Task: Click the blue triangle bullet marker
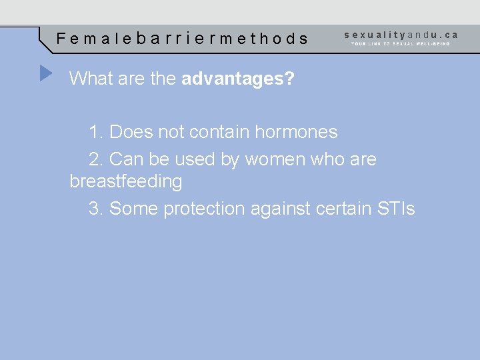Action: coord(45,73)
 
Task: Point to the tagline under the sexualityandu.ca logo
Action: coord(401,44)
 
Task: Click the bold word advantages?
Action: coord(238,79)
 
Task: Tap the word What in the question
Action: coord(91,79)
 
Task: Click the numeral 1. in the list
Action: coord(96,132)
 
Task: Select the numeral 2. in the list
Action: coord(96,160)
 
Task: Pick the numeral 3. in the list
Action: coord(96,209)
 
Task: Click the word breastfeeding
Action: coord(126,181)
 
